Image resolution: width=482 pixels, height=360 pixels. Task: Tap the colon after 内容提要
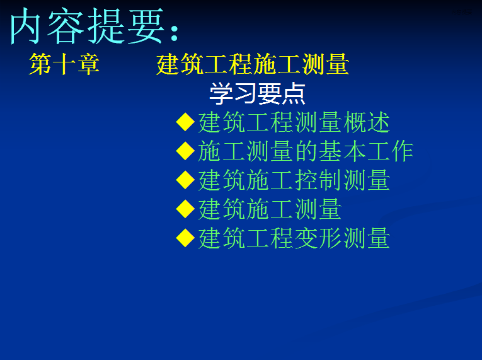(175, 33)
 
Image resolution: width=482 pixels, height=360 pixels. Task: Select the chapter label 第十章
(64, 64)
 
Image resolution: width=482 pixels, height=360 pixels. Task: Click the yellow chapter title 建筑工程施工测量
(253, 64)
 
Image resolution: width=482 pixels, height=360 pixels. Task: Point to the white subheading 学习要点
(257, 93)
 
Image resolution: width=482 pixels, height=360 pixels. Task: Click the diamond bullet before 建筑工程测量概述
(185, 122)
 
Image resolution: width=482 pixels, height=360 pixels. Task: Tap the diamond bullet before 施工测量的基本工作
(185, 151)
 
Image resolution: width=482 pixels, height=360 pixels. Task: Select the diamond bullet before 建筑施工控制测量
(185, 180)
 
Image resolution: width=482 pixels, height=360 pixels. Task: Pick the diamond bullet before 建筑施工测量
(185, 209)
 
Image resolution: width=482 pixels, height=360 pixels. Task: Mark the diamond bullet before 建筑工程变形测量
(185, 238)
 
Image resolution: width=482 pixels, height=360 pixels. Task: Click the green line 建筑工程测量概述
(294, 122)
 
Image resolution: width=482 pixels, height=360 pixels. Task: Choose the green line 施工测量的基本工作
(306, 151)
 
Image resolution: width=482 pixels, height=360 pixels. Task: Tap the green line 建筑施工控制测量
(294, 180)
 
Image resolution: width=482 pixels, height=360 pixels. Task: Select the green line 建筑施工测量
(270, 209)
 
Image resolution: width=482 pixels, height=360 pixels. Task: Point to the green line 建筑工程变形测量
(294, 238)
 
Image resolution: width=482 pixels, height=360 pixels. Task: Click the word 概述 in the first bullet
(367, 122)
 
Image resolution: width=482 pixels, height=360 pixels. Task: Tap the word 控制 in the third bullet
(318, 180)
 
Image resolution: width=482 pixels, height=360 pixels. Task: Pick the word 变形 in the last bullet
(318, 238)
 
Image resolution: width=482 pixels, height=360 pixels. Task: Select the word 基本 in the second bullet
(342, 151)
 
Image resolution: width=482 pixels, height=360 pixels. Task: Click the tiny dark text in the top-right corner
(462, 12)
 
